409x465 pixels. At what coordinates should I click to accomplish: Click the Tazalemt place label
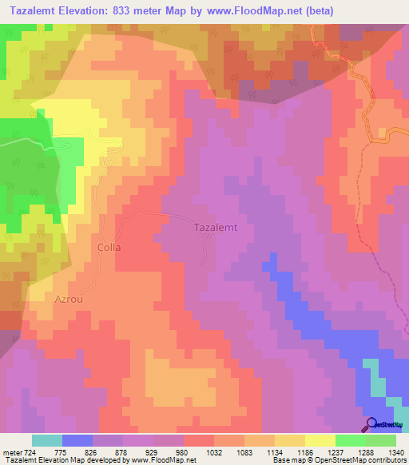point(216,228)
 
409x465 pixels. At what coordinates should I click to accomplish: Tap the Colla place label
point(109,248)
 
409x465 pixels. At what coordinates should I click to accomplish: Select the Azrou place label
point(68,298)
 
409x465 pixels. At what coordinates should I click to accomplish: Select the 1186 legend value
point(306,452)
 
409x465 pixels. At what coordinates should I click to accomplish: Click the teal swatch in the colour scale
point(47,440)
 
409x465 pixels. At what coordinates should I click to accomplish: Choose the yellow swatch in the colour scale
point(320,440)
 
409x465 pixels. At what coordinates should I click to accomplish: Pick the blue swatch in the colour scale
point(77,440)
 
